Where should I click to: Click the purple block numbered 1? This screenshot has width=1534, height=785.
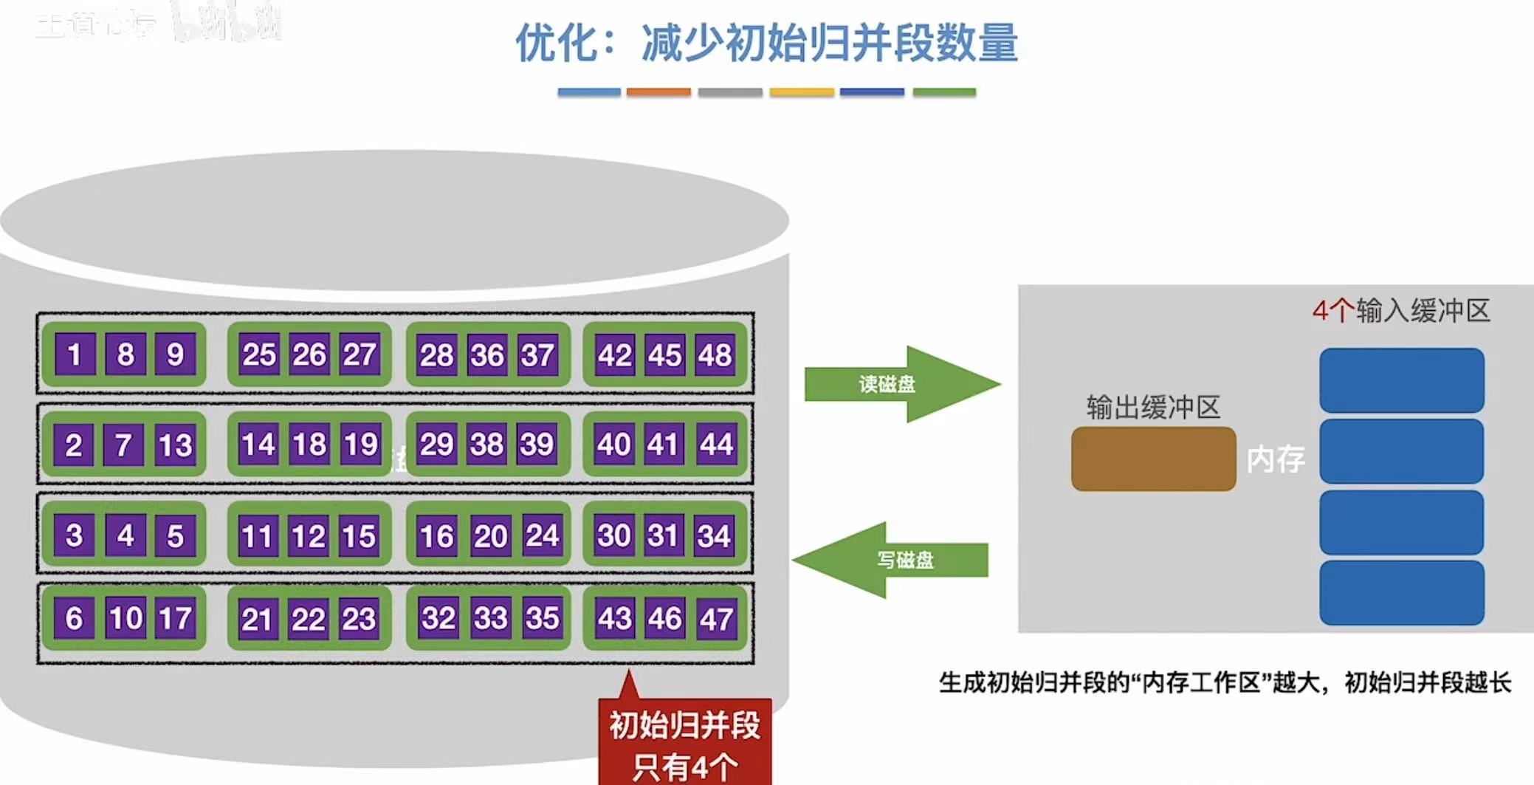pos(75,354)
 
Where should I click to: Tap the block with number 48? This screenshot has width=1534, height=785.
pos(715,355)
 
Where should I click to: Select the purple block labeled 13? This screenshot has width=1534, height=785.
pos(175,445)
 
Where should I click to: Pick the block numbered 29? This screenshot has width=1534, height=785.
pos(436,445)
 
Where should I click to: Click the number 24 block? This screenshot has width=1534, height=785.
pos(541,535)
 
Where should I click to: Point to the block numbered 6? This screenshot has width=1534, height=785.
pos(74,618)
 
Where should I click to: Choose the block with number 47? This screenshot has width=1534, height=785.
pos(715,619)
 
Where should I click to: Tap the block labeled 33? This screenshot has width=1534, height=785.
pos(490,618)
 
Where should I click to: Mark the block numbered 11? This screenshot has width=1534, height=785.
pos(257,536)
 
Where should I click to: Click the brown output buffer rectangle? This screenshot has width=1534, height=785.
pos(1153,459)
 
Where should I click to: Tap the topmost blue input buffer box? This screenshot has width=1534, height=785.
pos(1401,380)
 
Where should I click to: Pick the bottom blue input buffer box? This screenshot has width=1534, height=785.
pos(1401,592)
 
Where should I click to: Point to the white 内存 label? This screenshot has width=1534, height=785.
pos(1275,459)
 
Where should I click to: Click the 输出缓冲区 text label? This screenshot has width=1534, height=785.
pos(1153,407)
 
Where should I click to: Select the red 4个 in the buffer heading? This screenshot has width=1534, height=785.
pos(1332,311)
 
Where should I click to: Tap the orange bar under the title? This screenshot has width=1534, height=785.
pos(658,92)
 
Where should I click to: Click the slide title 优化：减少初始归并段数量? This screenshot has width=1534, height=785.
pos(766,43)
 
